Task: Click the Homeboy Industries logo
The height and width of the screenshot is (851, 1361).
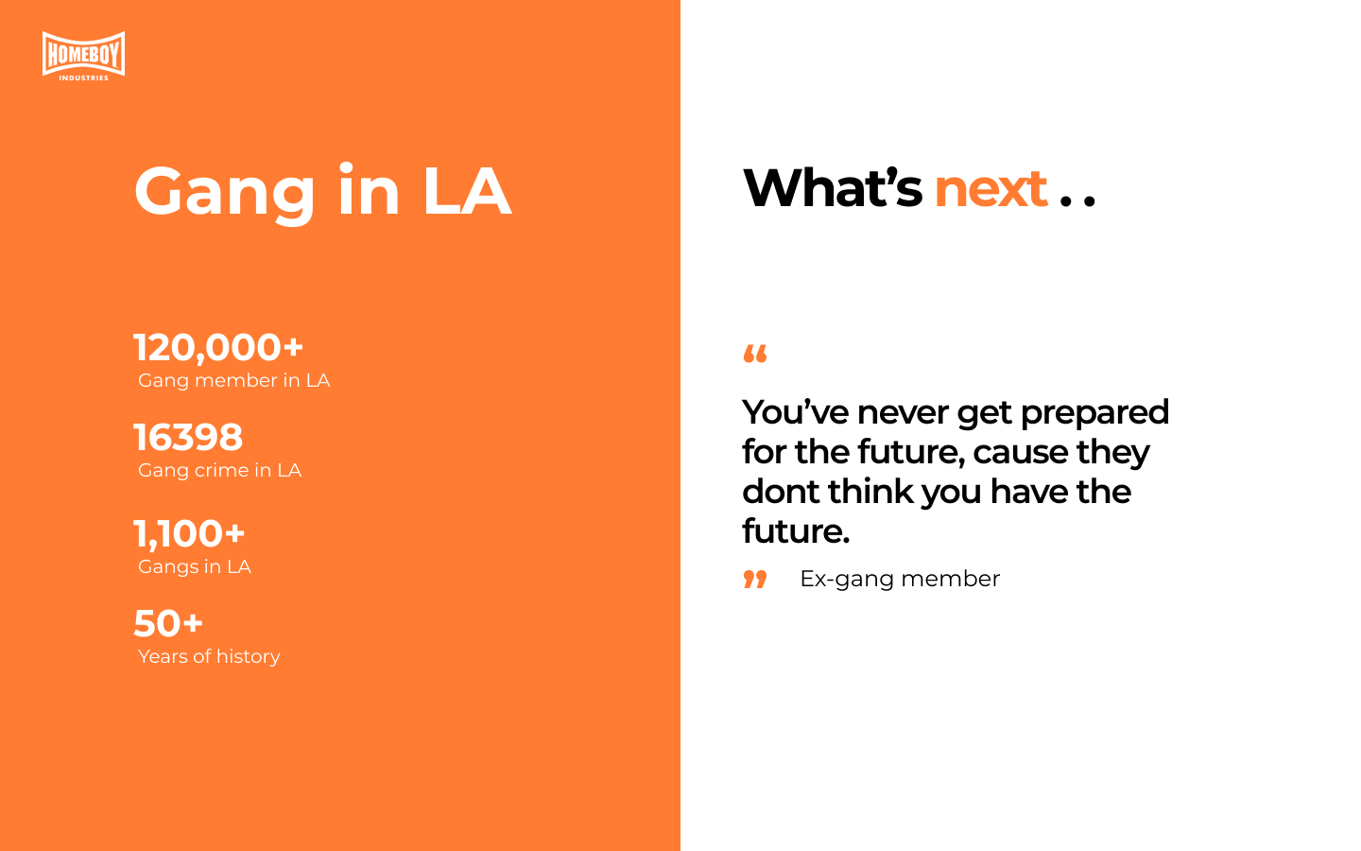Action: pyautogui.click(x=84, y=56)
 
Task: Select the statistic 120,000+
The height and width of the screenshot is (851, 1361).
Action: pyautogui.click(x=218, y=348)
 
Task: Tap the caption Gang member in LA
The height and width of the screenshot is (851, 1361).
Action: pyautogui.click(x=234, y=380)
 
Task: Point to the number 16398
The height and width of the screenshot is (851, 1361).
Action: pyautogui.click(x=188, y=437)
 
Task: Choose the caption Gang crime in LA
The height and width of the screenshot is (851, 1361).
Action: pyautogui.click(x=219, y=471)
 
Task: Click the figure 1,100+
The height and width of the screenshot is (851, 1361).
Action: pyautogui.click(x=189, y=533)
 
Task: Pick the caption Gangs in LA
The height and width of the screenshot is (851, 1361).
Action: pyautogui.click(x=195, y=567)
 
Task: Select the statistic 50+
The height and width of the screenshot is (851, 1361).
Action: pyautogui.click(x=168, y=624)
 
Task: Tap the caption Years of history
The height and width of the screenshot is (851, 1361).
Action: pyautogui.click(x=209, y=657)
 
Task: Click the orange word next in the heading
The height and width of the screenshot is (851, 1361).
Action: pyautogui.click(x=991, y=190)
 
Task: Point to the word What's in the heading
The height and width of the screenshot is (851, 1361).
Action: pyautogui.click(x=833, y=187)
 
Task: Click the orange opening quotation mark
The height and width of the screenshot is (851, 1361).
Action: pyautogui.click(x=755, y=354)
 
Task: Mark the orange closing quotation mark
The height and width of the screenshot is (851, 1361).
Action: pyautogui.click(x=755, y=580)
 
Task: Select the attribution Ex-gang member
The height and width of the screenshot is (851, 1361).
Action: pyautogui.click(x=900, y=580)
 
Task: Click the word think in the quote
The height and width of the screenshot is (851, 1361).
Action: pyautogui.click(x=870, y=492)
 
